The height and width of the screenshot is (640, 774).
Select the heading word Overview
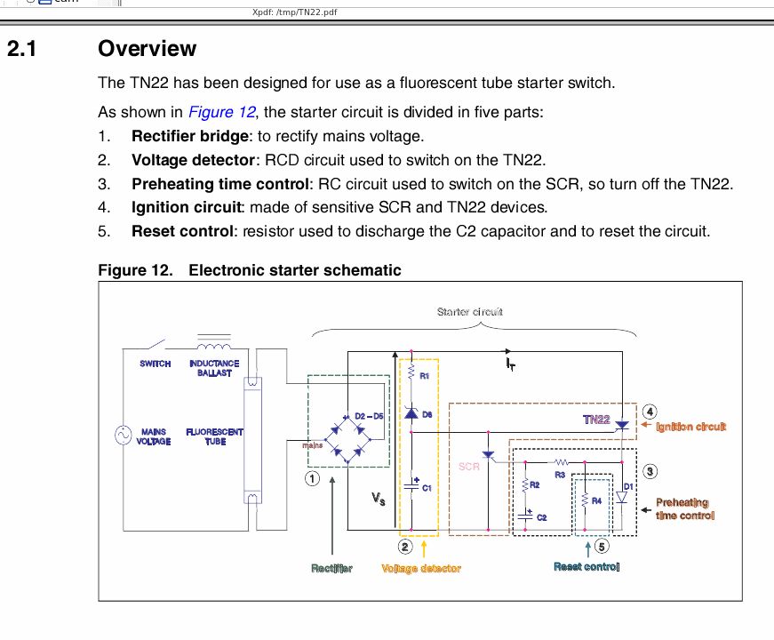coord(148,49)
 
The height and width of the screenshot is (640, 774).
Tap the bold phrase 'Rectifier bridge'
coord(190,137)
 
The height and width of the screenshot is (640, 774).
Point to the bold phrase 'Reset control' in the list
coord(182,232)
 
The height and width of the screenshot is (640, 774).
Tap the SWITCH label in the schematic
coord(156,364)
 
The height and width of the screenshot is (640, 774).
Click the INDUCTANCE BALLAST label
coord(214,368)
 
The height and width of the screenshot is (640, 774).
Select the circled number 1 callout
coord(312,478)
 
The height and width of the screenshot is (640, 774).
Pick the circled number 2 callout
coord(404,547)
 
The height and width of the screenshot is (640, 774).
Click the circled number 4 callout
coord(650,412)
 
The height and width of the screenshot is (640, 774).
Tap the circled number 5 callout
coord(602,547)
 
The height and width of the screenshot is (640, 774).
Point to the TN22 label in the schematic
coord(596,420)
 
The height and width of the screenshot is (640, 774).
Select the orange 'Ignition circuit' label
coord(691,428)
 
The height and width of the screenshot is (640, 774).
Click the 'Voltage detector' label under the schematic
coord(421,569)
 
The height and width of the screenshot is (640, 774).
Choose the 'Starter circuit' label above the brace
coord(470,312)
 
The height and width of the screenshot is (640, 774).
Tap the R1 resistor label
coord(425,376)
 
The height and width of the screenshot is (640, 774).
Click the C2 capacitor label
coord(541,516)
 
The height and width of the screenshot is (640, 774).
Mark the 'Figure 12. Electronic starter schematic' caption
coord(250,270)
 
